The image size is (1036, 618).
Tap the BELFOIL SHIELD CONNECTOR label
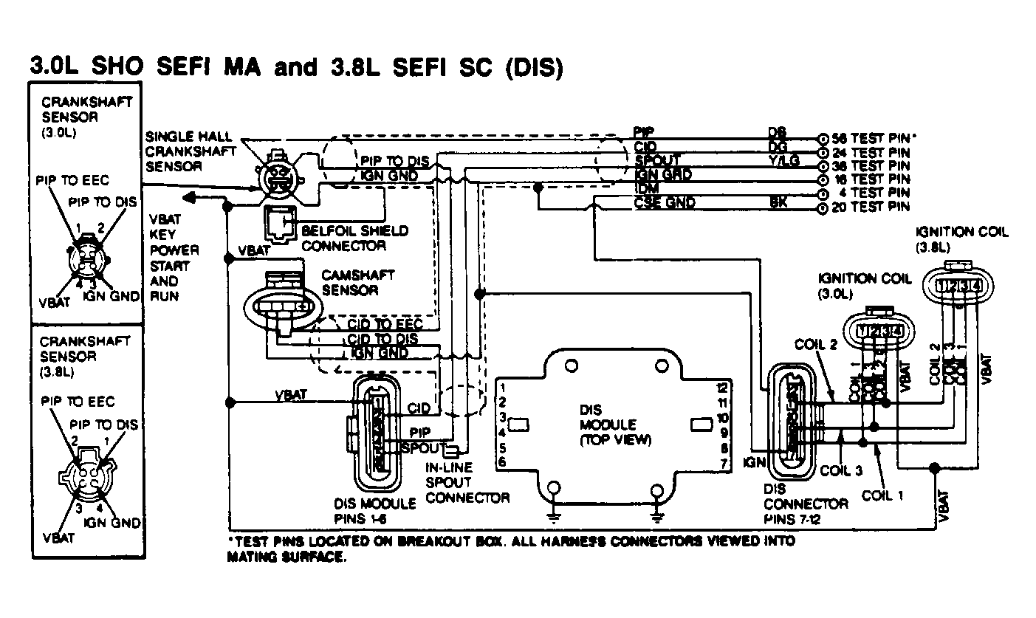[354, 238]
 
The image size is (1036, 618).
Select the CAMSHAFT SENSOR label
[357, 282]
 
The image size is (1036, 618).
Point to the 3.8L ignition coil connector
[957, 284]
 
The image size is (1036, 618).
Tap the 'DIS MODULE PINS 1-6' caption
[374, 510]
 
